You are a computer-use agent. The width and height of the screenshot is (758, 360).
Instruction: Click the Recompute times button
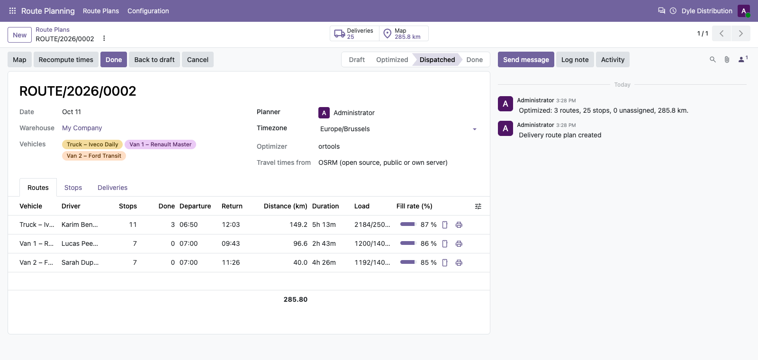pyautogui.click(x=66, y=60)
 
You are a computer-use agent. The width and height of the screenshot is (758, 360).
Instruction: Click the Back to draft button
pyautogui.click(x=154, y=60)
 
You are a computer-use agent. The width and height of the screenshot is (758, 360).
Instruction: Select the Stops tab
pyautogui.click(x=73, y=188)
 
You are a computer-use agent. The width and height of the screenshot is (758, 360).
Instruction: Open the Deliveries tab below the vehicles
pyautogui.click(x=112, y=188)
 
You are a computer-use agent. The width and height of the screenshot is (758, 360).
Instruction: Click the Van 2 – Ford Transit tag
pyautogui.click(x=94, y=156)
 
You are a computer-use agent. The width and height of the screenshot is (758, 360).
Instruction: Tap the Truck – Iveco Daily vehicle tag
pyautogui.click(x=92, y=144)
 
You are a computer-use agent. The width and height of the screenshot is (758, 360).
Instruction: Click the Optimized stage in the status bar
pyautogui.click(x=392, y=60)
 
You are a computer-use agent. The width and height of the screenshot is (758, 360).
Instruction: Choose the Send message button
pyautogui.click(x=526, y=60)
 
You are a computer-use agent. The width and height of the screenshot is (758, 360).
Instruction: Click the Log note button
pyautogui.click(x=575, y=60)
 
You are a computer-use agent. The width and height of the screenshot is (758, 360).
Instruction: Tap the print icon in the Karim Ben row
pyautogui.click(x=459, y=225)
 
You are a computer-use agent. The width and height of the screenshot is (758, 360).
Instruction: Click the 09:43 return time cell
pyautogui.click(x=231, y=243)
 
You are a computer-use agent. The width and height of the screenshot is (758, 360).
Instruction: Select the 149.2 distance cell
pyautogui.click(x=298, y=225)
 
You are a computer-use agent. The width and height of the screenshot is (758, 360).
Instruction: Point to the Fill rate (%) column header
pyautogui.click(x=414, y=206)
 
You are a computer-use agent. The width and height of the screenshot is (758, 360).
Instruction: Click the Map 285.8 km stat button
pyautogui.click(x=404, y=34)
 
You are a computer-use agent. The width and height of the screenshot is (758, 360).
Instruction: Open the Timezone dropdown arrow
pyautogui.click(x=474, y=129)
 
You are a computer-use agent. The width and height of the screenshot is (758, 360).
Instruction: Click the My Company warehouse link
pyautogui.click(x=82, y=128)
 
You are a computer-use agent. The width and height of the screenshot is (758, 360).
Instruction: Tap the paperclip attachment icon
pyautogui.click(x=727, y=60)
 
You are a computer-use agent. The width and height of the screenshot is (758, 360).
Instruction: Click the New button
pyautogui.click(x=19, y=35)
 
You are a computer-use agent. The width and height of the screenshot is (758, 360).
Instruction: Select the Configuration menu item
pyautogui.click(x=148, y=11)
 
